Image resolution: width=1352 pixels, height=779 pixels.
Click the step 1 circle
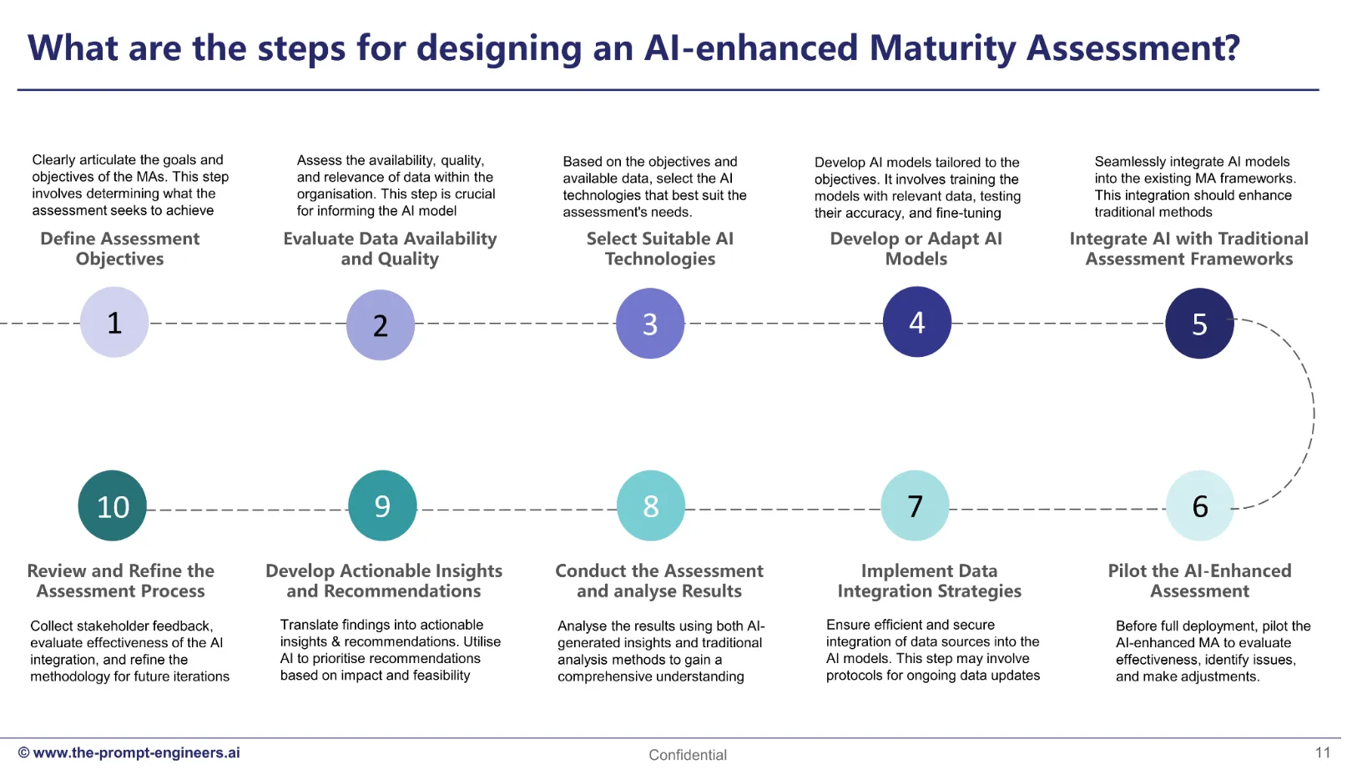114,322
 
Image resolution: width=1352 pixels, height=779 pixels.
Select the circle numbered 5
1199,324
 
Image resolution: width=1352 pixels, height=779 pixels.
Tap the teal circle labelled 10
113,505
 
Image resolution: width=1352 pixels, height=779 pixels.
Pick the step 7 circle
916,505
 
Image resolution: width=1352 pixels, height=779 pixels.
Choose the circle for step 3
650,324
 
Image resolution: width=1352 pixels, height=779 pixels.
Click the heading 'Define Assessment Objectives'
120,249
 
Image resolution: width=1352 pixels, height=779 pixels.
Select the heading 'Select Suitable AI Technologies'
660,249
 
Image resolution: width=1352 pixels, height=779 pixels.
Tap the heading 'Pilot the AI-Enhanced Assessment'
1199,580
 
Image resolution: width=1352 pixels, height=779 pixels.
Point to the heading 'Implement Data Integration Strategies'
929,580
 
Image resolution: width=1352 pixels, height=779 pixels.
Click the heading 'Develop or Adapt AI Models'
916,249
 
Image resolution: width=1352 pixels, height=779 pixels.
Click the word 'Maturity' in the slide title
942,48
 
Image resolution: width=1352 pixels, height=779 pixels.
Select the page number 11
1323,752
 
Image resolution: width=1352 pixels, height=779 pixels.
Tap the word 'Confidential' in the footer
688,755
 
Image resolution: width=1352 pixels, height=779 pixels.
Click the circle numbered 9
382,505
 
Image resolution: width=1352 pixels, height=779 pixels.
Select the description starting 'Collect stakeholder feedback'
129,651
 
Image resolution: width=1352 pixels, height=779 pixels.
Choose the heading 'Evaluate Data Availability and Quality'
390,249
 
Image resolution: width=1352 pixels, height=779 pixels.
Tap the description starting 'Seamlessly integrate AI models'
1194,186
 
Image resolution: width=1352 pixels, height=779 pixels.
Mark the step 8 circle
651,505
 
